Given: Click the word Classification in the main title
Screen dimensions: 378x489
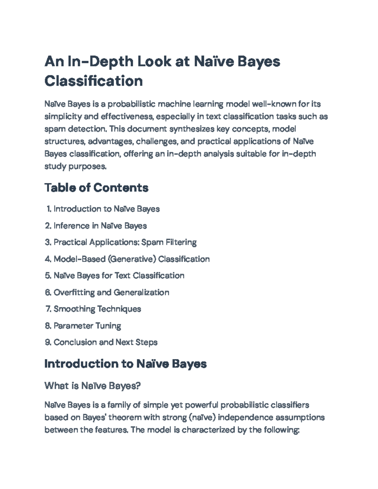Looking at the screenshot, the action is (x=94, y=81).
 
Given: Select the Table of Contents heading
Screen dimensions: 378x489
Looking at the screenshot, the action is (x=96, y=188).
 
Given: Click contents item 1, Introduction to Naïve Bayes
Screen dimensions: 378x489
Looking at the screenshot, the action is (x=106, y=209).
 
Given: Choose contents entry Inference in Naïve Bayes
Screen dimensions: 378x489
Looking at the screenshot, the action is (x=100, y=226).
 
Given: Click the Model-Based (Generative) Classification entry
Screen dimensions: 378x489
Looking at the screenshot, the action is (x=131, y=259).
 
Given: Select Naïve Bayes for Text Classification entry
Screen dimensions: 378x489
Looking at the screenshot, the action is (x=119, y=276).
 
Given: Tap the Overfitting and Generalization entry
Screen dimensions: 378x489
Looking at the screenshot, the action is (x=111, y=293).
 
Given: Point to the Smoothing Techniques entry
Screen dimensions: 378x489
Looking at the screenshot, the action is (x=97, y=309).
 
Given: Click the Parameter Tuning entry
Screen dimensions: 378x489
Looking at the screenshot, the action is (x=87, y=326).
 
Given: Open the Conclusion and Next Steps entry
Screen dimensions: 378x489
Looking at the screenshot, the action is (x=106, y=342).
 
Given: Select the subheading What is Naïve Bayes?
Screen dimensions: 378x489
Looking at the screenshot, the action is (x=92, y=386).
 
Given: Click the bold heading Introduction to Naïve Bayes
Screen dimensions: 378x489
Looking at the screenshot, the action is (x=125, y=364).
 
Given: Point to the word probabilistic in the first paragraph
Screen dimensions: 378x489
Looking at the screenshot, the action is (x=132, y=104).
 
